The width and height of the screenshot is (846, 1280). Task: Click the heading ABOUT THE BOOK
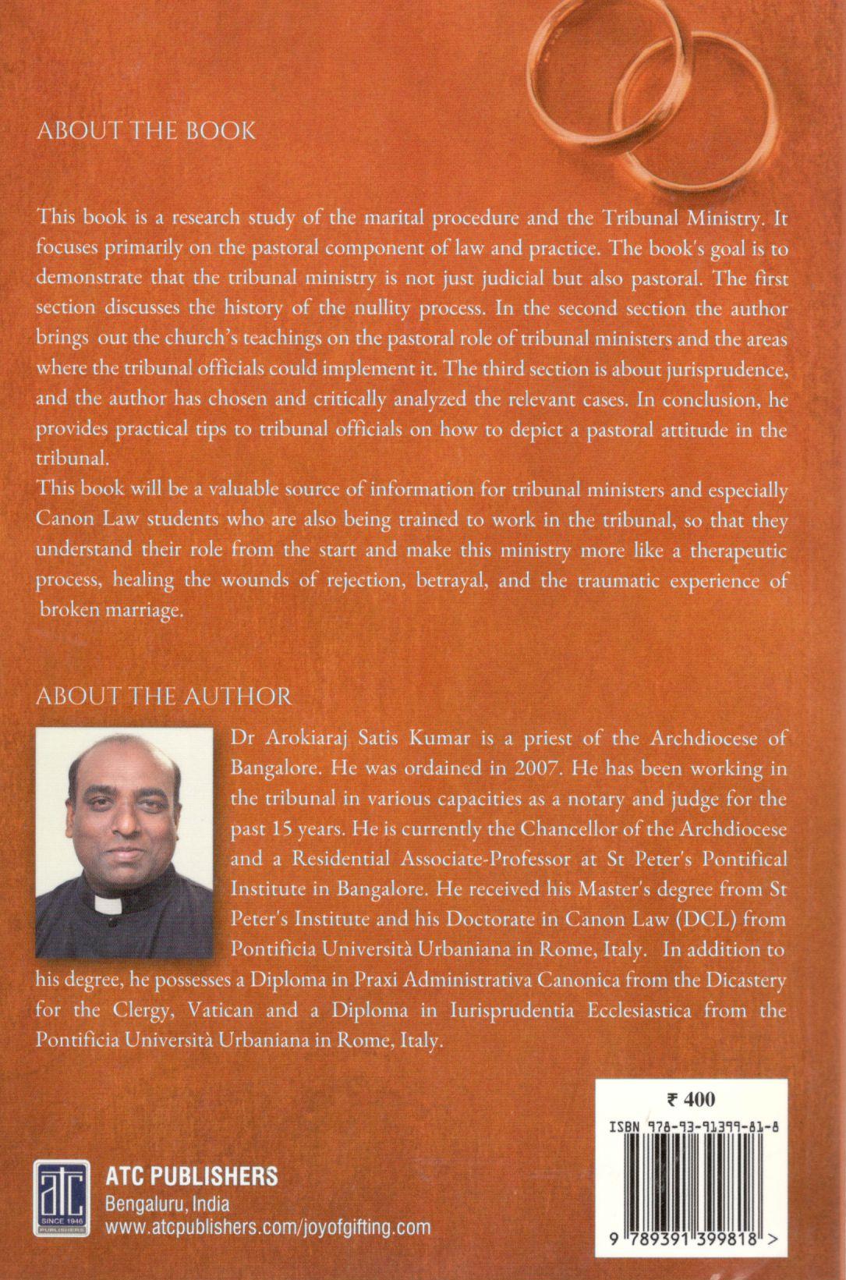coord(146,129)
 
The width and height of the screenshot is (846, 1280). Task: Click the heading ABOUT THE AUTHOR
coord(164,696)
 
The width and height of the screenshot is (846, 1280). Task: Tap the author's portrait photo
coord(125,842)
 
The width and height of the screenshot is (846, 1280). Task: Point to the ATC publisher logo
coord(59,1200)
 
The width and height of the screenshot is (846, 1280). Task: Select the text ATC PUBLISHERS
coord(191,1175)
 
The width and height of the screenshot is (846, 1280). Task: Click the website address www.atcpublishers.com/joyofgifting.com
coord(267,1227)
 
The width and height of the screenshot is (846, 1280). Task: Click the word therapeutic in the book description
coord(731,551)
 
